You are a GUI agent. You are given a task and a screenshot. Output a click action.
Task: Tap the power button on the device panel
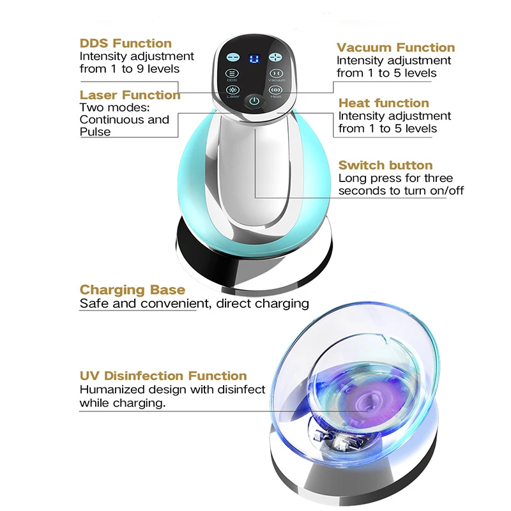pyautogui.click(x=254, y=101)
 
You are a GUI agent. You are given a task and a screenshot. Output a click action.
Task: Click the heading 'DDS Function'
pyautogui.click(x=126, y=43)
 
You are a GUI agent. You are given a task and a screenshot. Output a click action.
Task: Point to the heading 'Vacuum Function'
pyautogui.click(x=396, y=47)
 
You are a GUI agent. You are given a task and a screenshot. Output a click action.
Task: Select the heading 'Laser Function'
pyautogui.click(x=130, y=95)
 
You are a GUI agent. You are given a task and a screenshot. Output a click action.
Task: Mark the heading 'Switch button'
pyautogui.click(x=386, y=165)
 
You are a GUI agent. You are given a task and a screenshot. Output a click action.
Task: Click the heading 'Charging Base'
pyautogui.click(x=132, y=289)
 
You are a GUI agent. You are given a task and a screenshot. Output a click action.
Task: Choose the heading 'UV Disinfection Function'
pyautogui.click(x=163, y=376)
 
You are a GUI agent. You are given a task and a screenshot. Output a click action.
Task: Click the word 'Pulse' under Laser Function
pyautogui.click(x=95, y=132)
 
